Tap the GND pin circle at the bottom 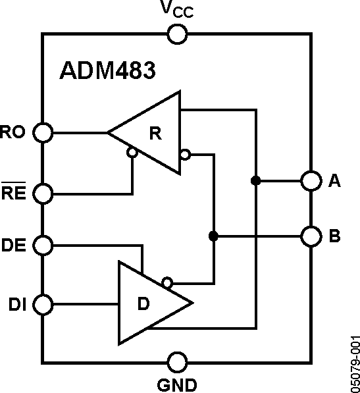tap(176, 361)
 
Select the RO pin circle tap(43, 132)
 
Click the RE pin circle tap(43, 194)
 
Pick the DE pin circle tap(43, 246)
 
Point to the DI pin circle tap(43, 305)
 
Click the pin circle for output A tap(310, 180)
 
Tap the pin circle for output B tap(310, 235)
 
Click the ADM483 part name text tap(108, 70)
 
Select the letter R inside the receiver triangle tap(155, 133)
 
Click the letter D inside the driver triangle tap(143, 304)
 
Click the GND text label tap(176, 383)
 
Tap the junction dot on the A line tap(254, 180)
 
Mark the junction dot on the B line tap(213, 235)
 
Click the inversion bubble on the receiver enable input tap(132, 153)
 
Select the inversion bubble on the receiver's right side tap(185, 155)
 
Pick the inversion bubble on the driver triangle tap(168, 282)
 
